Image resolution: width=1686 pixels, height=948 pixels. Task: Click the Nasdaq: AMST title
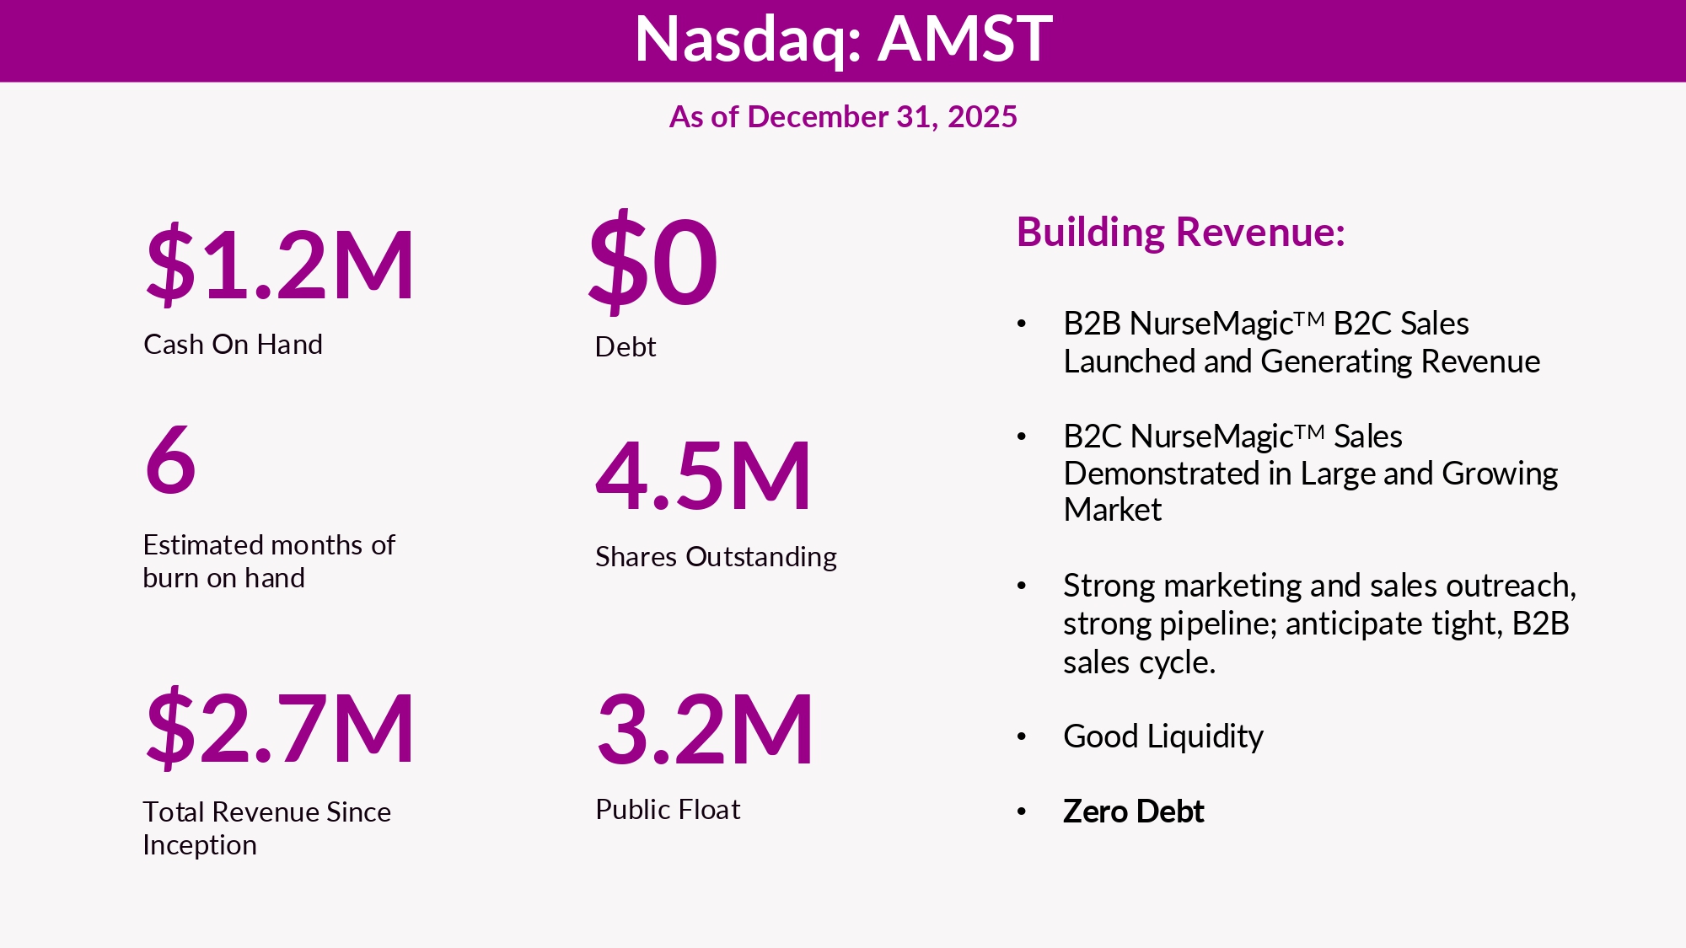[843, 39]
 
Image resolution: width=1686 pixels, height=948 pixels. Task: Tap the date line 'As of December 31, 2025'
[843, 116]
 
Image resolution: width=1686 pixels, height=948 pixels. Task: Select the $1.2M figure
[280, 265]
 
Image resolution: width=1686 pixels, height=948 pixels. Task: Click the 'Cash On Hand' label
[233, 345]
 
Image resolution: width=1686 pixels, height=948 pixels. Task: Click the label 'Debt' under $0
[626, 346]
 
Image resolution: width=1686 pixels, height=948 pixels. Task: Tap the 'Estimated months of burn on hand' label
[268, 561]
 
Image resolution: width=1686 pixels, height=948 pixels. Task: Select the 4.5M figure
[703, 476]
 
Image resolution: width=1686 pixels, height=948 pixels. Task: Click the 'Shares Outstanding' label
[716, 557]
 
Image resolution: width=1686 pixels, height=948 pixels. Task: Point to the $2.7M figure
[280, 728]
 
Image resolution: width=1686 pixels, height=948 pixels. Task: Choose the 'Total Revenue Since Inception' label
[266, 828]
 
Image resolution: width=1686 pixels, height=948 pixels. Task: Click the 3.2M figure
[705, 730]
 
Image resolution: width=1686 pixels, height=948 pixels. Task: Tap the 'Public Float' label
[668, 810]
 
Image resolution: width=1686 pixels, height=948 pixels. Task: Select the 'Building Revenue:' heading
[1180, 233]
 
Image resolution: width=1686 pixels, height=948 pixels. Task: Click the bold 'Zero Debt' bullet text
[1133, 811]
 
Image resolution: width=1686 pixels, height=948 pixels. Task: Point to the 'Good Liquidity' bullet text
[1163, 736]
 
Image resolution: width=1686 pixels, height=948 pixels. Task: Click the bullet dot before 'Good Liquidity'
[1022, 737]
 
